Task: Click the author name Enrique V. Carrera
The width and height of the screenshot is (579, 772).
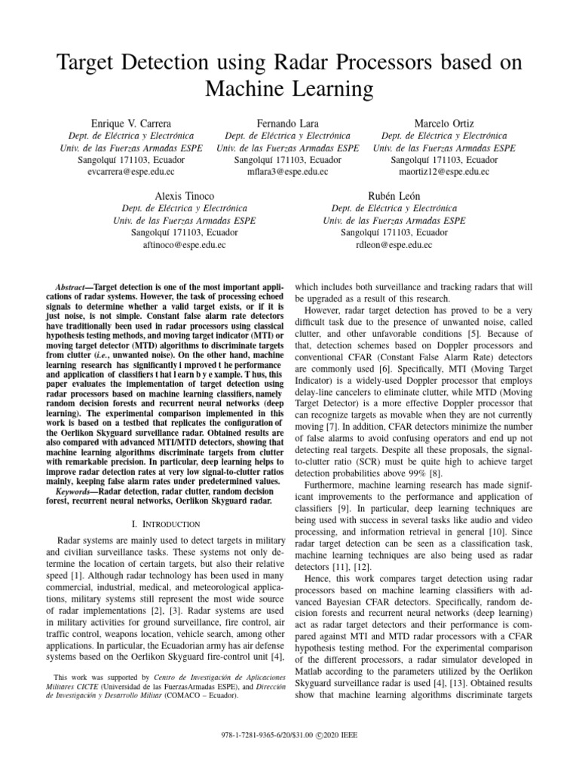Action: (131, 123)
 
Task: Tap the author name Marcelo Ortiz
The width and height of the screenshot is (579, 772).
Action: (445, 123)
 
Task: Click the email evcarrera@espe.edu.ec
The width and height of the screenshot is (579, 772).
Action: (131, 173)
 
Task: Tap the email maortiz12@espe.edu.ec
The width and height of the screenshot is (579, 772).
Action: (445, 173)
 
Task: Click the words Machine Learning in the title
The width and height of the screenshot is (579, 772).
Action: (289, 90)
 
